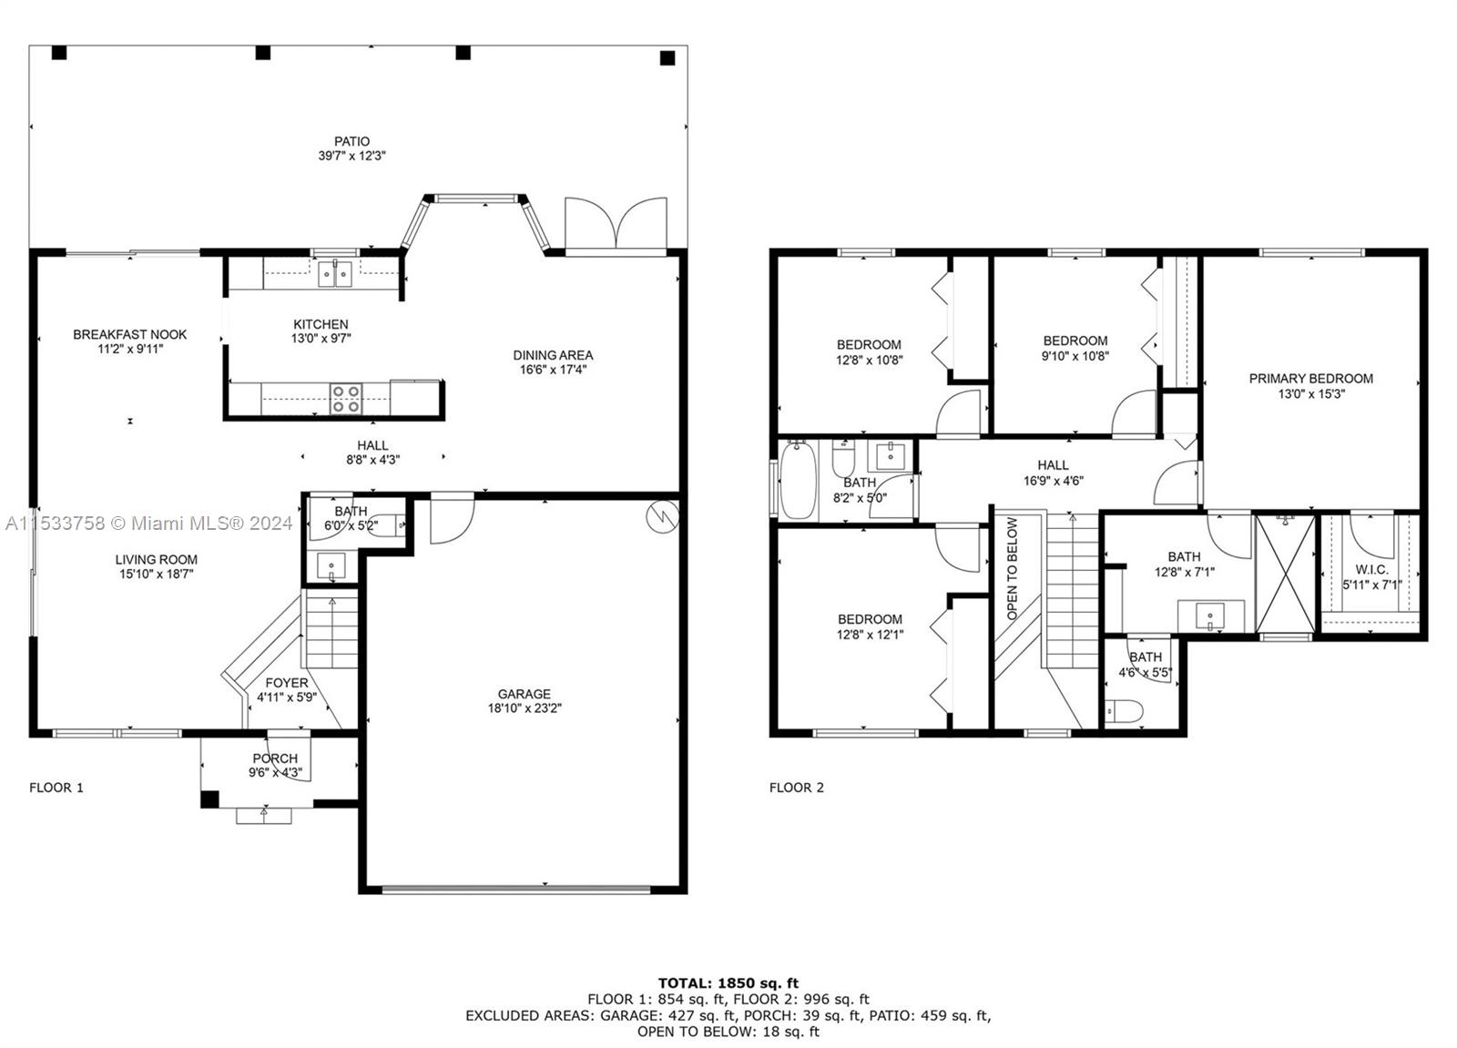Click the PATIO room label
[x=352, y=141]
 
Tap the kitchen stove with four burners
[x=345, y=399]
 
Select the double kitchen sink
[x=335, y=274]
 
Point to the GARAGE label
[x=525, y=694]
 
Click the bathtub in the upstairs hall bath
[x=798, y=480]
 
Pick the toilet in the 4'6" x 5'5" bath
[x=1124, y=711]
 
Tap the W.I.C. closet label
[x=1371, y=570]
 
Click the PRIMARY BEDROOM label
[x=1310, y=379]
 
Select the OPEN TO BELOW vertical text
[x=1012, y=568]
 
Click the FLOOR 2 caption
[x=796, y=788]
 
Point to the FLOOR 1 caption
[x=56, y=788]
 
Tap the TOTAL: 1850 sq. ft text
[x=728, y=983]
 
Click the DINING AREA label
[x=553, y=355]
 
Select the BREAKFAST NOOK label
[x=130, y=334]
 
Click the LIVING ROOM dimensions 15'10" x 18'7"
[x=156, y=574]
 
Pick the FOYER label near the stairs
[x=287, y=683]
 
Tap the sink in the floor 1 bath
[x=331, y=566]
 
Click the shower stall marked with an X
[x=1286, y=573]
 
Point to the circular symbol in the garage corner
[x=662, y=518]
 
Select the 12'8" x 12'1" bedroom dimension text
[x=870, y=635]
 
